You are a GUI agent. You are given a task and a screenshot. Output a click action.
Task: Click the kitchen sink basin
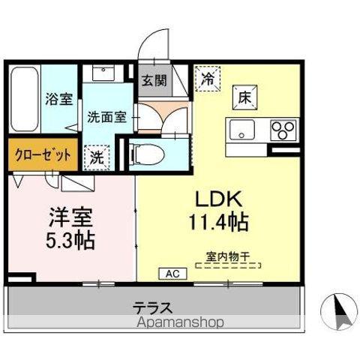click(x=243, y=130)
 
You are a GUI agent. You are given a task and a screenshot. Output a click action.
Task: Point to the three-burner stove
click(x=283, y=130)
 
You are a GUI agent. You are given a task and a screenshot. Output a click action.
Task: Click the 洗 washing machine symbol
click(x=97, y=157)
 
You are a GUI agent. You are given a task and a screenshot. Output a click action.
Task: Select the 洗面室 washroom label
click(x=106, y=117)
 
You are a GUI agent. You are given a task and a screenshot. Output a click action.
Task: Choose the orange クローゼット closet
click(x=42, y=155)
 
